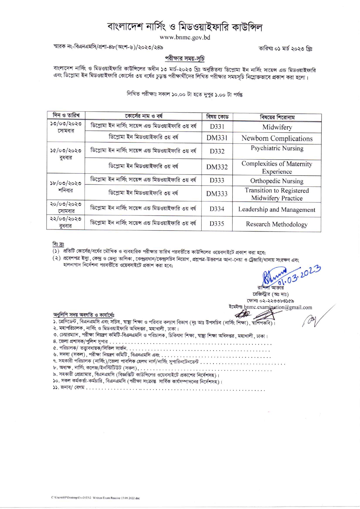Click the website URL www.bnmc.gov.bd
(x=185, y=37)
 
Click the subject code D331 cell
(x=217, y=127)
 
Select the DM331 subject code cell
(x=217, y=138)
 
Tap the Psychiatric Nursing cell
(x=277, y=148)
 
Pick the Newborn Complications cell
(x=277, y=139)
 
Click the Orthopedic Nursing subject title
(x=277, y=181)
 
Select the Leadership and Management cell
(x=277, y=210)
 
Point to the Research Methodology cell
(x=277, y=224)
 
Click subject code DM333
(x=217, y=194)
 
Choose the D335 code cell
(x=217, y=224)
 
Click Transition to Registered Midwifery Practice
(x=277, y=194)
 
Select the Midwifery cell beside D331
(x=277, y=127)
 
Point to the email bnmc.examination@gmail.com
(x=278, y=307)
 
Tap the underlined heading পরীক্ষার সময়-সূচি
(x=185, y=58)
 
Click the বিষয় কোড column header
(x=217, y=117)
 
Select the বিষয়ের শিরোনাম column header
(x=277, y=117)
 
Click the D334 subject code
(x=217, y=209)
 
